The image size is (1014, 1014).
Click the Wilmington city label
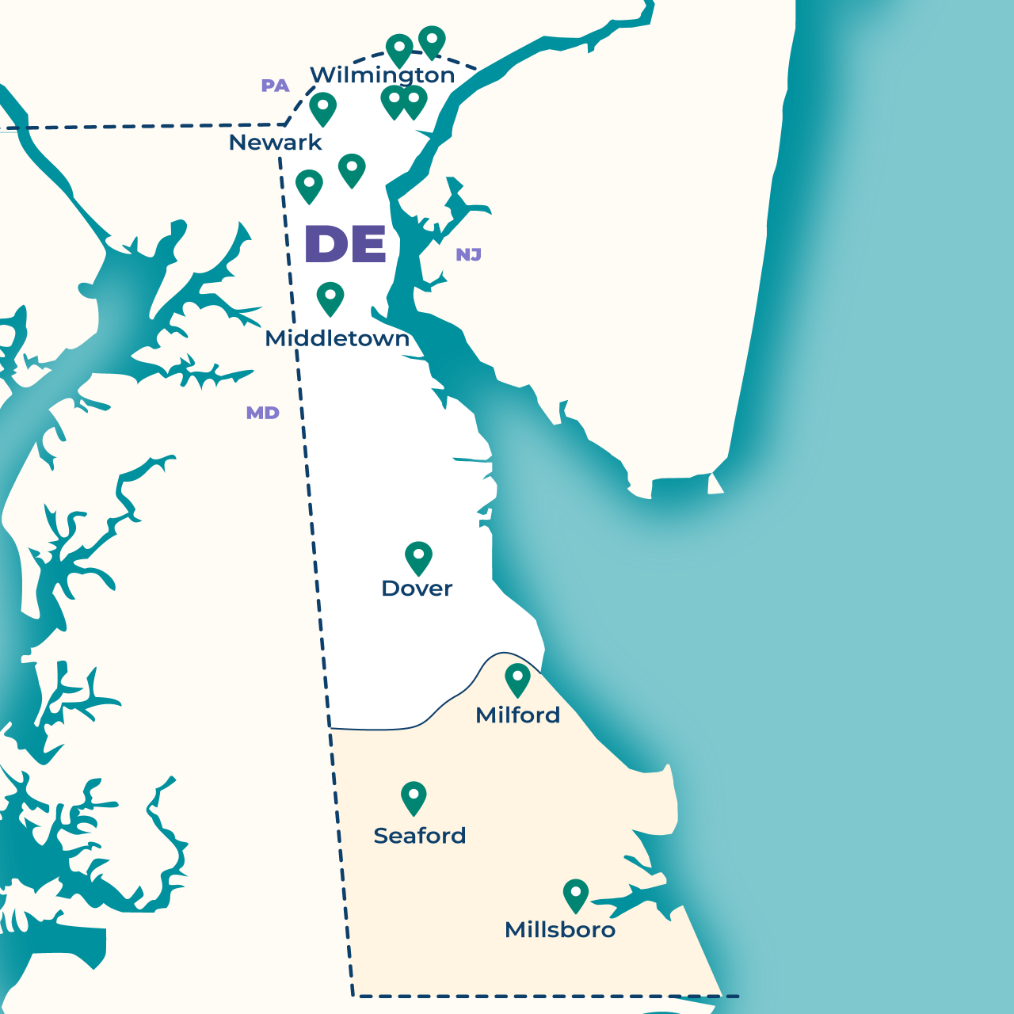click(x=383, y=74)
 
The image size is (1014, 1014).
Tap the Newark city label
click(x=275, y=143)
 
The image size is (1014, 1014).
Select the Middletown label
click(x=337, y=338)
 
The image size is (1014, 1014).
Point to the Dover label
click(x=417, y=589)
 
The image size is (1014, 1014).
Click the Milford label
click(x=517, y=715)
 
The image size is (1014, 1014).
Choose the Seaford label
click(x=419, y=836)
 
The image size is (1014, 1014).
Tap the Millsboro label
click(x=560, y=930)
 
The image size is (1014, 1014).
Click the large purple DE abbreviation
click(x=345, y=244)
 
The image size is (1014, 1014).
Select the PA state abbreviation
click(x=275, y=86)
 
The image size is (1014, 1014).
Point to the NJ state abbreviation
click(x=468, y=254)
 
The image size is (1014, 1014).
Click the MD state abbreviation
click(x=262, y=413)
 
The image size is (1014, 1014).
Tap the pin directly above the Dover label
click(x=418, y=557)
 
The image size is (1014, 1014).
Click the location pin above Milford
click(x=517, y=679)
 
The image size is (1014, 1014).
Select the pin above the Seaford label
click(x=414, y=796)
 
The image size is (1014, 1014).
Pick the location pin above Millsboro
click(x=576, y=894)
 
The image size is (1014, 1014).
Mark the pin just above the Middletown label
click(x=330, y=297)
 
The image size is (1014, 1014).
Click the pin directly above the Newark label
click(x=322, y=107)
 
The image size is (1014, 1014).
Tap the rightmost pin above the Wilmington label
click(x=432, y=40)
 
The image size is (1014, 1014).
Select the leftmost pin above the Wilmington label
click(x=399, y=49)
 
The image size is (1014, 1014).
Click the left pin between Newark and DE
click(x=309, y=185)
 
